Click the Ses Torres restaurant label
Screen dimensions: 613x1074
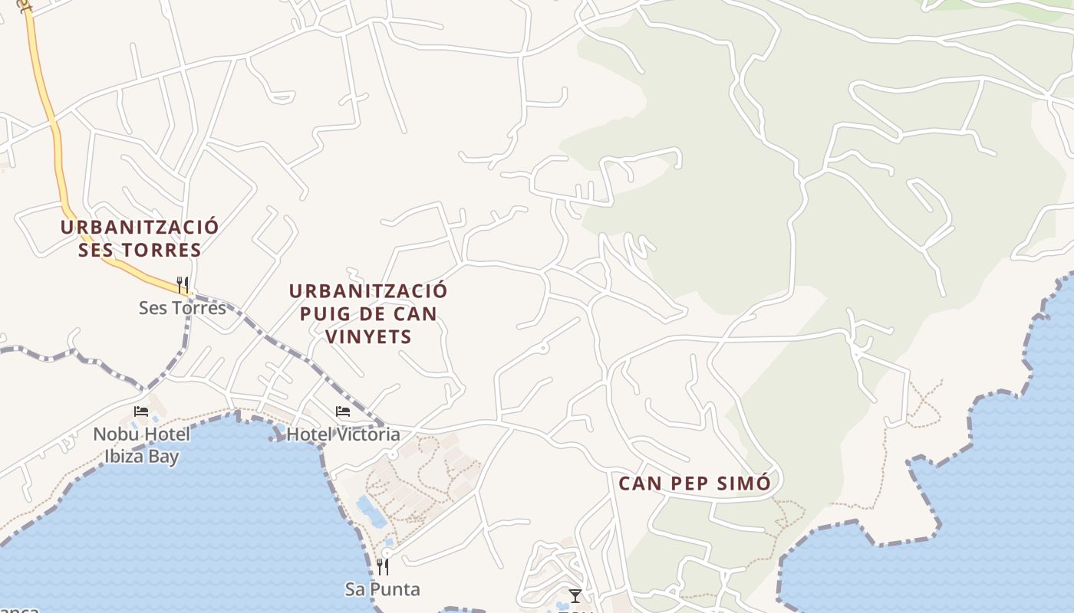pyautogui.click(x=183, y=308)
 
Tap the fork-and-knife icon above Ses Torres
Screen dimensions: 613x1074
pyautogui.click(x=183, y=285)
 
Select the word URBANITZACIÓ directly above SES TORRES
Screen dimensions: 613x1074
pyautogui.click(x=140, y=227)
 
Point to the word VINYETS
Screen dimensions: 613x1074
pyautogui.click(x=368, y=336)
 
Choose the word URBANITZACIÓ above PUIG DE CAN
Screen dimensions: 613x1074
pyautogui.click(x=368, y=291)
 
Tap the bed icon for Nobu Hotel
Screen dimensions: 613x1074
pyautogui.click(x=141, y=411)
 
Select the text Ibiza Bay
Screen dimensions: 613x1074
pyautogui.click(x=142, y=457)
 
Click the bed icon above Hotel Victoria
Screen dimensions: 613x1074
pyautogui.click(x=343, y=411)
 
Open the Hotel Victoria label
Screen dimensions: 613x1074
pyautogui.click(x=343, y=434)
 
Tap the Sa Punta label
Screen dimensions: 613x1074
pyautogui.click(x=382, y=589)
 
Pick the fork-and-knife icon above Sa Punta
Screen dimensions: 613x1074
pyautogui.click(x=382, y=566)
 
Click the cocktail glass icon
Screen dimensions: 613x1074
pyautogui.click(x=575, y=595)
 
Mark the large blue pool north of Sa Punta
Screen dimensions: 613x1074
pyautogui.click(x=372, y=512)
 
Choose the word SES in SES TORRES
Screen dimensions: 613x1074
pyautogui.click(x=95, y=250)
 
